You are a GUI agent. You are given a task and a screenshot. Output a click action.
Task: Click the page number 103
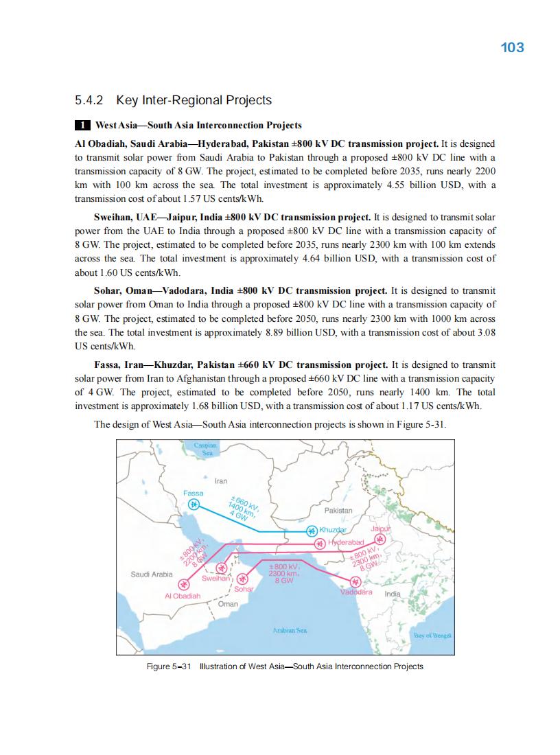pos(513,47)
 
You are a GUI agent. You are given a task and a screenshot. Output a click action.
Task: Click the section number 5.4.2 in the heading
pos(89,101)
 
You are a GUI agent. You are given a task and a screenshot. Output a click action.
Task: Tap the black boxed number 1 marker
pos(82,126)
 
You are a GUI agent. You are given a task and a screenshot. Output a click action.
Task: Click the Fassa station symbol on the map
pos(194,504)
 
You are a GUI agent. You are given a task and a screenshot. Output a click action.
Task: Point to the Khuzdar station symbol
pos(312,531)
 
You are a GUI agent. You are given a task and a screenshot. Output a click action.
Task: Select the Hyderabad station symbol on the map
pos(320,544)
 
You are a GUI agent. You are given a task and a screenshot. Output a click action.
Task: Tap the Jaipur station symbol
pos(380,539)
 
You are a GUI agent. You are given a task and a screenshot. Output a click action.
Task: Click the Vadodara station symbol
pos(355,581)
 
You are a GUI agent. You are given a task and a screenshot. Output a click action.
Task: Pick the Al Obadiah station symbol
pos(183,585)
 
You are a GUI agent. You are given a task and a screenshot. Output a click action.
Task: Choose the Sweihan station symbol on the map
pos(221,568)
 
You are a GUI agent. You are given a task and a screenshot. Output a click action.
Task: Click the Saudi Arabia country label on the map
pos(152,574)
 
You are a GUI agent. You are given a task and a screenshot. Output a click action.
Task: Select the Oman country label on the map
pos(228,604)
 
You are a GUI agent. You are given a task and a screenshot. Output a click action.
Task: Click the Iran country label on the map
pos(221,481)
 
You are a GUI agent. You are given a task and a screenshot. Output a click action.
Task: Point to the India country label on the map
pos(393,593)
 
